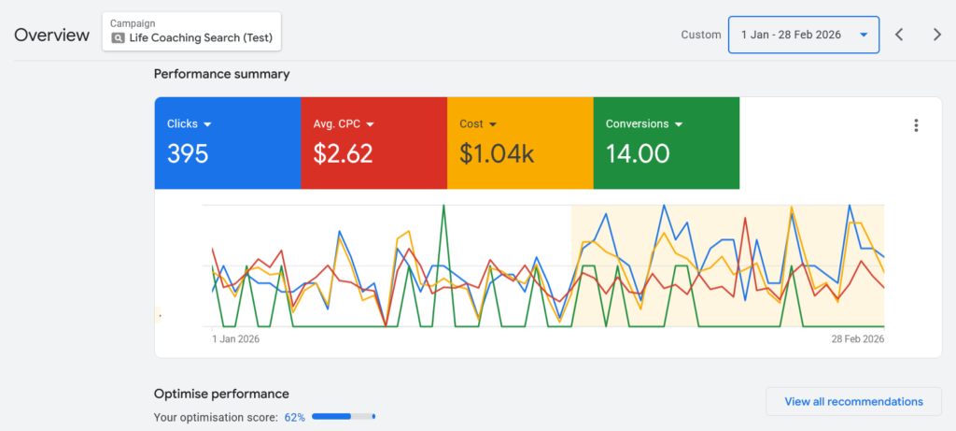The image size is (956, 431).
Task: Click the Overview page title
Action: coord(52,35)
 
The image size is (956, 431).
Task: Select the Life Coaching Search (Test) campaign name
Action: coord(202,38)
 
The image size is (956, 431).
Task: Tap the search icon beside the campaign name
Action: coord(118,38)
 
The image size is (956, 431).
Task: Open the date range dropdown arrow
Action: coord(864,35)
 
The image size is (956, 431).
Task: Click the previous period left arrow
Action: coord(899,35)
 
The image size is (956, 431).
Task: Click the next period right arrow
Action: coord(937,35)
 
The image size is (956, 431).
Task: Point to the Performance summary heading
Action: coord(221,74)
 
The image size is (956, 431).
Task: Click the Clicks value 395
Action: coord(188,153)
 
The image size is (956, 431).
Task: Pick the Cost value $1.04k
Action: coord(497,153)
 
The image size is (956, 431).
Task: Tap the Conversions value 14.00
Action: coord(638,153)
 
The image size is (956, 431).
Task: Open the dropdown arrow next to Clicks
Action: coord(208,124)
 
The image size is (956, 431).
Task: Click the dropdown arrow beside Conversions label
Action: coord(679,124)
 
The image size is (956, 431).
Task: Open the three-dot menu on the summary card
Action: coord(916,125)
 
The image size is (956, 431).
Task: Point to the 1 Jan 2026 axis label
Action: coord(235,339)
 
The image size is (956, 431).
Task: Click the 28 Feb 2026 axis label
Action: coord(858,339)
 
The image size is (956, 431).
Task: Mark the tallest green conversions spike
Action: coord(443,207)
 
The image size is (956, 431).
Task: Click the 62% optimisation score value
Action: coord(295,417)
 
